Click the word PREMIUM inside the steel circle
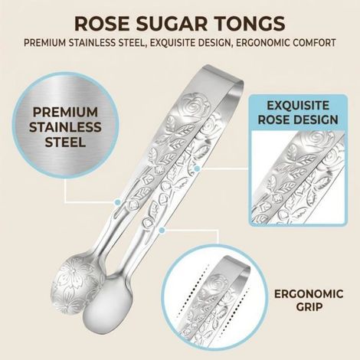pos(65,113)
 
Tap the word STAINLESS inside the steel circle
pos(65,127)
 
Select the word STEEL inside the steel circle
pos(65,142)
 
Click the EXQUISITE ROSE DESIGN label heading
pos(298,113)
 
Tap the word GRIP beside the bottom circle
pos(309,306)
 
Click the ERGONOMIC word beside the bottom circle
pos(309,294)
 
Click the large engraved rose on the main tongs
pos(197,105)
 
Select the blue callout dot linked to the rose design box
pos(197,169)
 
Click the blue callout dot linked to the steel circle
pos(118,202)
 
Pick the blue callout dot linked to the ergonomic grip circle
pos(162,231)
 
